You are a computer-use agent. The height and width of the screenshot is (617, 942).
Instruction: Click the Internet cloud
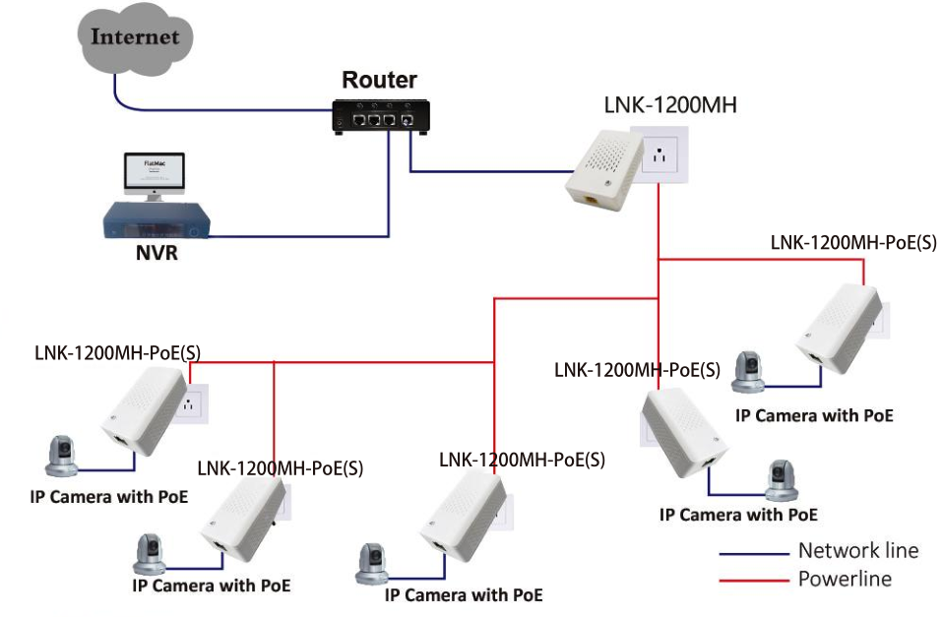coord(135,38)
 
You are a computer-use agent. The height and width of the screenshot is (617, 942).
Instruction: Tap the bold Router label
coord(379,80)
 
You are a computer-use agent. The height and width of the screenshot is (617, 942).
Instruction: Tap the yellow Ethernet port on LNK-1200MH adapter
coord(591,199)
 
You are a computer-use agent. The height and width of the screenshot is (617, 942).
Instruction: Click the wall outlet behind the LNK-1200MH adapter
coord(665,153)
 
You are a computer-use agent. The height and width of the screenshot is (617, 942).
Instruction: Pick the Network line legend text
coord(857,551)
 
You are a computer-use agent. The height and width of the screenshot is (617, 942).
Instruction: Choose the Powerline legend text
coord(845,579)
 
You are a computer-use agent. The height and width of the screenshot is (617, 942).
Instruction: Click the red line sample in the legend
coord(754,581)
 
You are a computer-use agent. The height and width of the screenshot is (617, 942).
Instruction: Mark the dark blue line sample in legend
coord(754,553)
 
